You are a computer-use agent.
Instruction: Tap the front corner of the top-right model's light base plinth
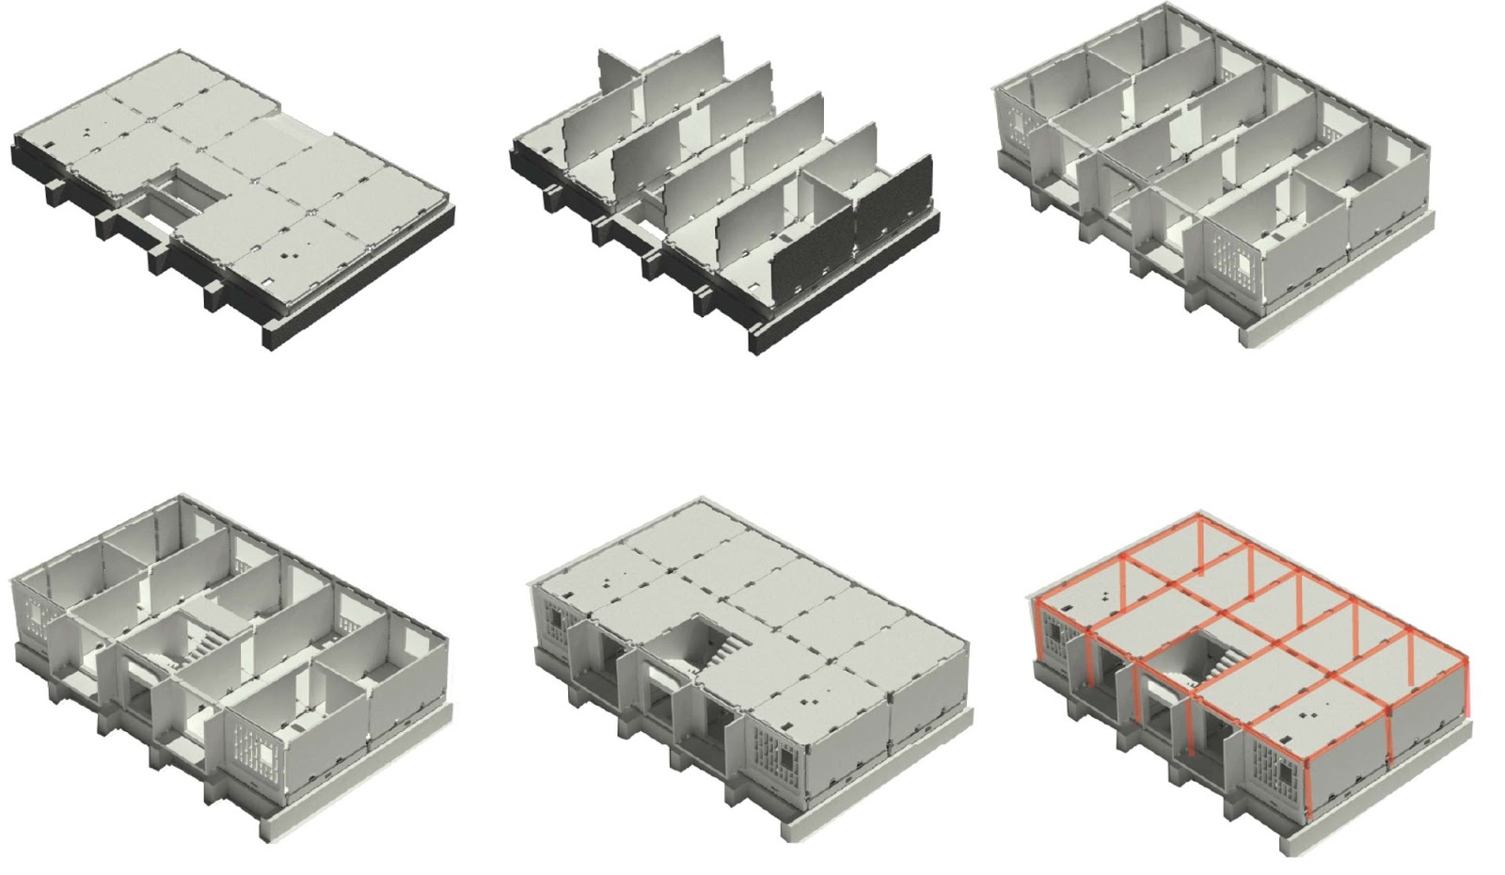tap(1246, 337)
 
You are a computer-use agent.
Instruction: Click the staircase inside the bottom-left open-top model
tap(199, 647)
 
